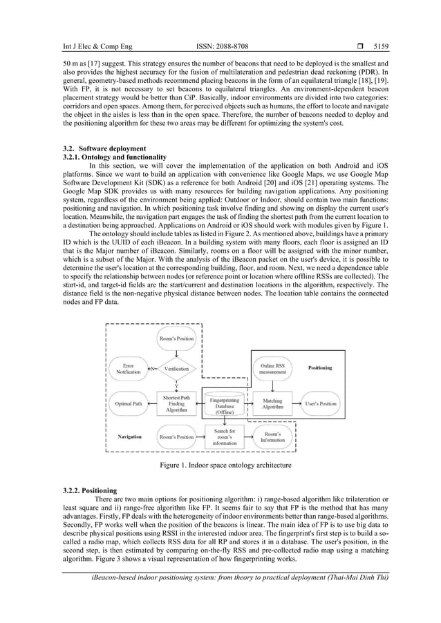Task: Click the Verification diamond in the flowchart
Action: [x=176, y=369]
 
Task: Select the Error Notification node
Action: [x=128, y=368]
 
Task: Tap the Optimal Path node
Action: [x=128, y=403]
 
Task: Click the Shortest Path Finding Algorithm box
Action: [x=176, y=403]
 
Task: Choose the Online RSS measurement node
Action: [x=273, y=368]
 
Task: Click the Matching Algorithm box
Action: [x=273, y=403]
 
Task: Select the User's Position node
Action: [x=319, y=403]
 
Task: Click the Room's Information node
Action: [x=273, y=437]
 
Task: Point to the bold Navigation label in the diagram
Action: [x=129, y=437]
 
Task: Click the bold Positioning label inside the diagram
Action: [x=321, y=368]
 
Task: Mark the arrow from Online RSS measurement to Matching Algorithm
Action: [x=273, y=385]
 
